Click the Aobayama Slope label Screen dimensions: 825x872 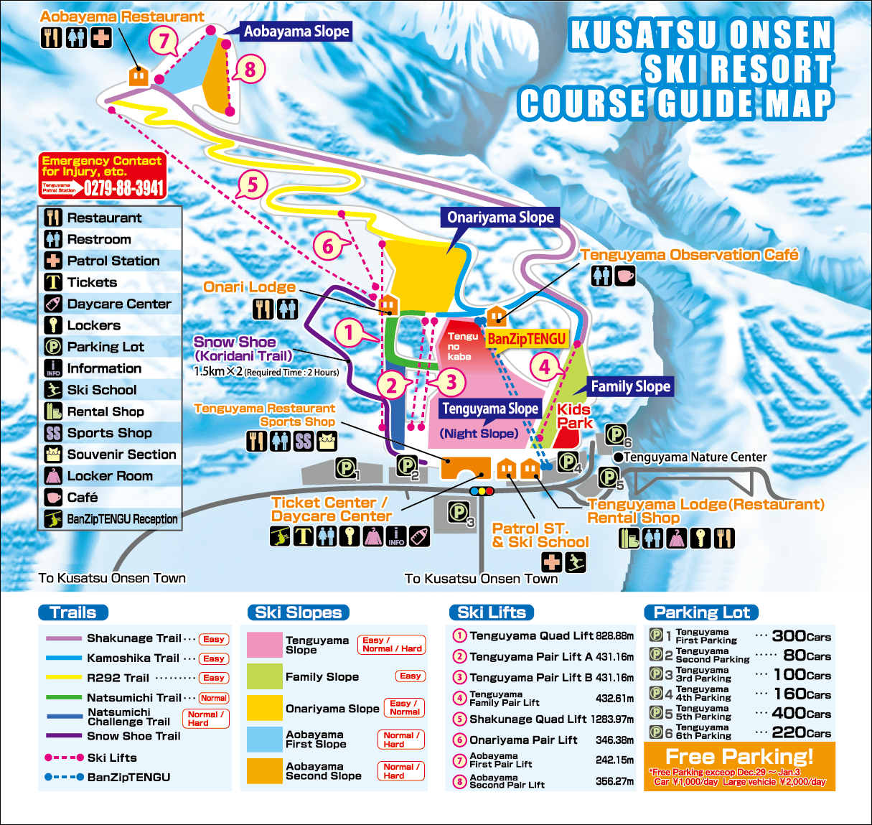click(x=296, y=32)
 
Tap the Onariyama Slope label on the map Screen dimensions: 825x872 click(x=500, y=218)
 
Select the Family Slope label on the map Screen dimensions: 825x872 click(x=630, y=386)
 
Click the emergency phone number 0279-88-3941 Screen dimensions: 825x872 click(x=124, y=188)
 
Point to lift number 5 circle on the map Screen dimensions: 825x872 click(x=252, y=185)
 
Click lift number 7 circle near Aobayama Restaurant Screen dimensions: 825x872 click(x=164, y=41)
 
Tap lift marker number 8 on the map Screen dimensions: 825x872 click(x=250, y=70)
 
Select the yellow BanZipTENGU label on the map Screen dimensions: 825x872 click(x=527, y=339)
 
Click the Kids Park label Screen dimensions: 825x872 click(x=574, y=416)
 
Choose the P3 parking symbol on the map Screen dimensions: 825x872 click(x=459, y=512)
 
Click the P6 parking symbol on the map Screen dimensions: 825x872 click(x=615, y=434)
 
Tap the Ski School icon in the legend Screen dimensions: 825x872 click(x=53, y=390)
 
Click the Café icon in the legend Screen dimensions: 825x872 click(x=53, y=497)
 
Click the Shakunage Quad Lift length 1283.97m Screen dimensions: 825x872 click(x=612, y=719)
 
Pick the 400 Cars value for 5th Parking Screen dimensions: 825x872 click(x=801, y=713)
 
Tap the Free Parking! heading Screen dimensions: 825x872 click(x=739, y=756)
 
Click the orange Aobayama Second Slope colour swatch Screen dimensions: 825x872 click(x=264, y=771)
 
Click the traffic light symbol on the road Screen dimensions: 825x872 click(x=482, y=491)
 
